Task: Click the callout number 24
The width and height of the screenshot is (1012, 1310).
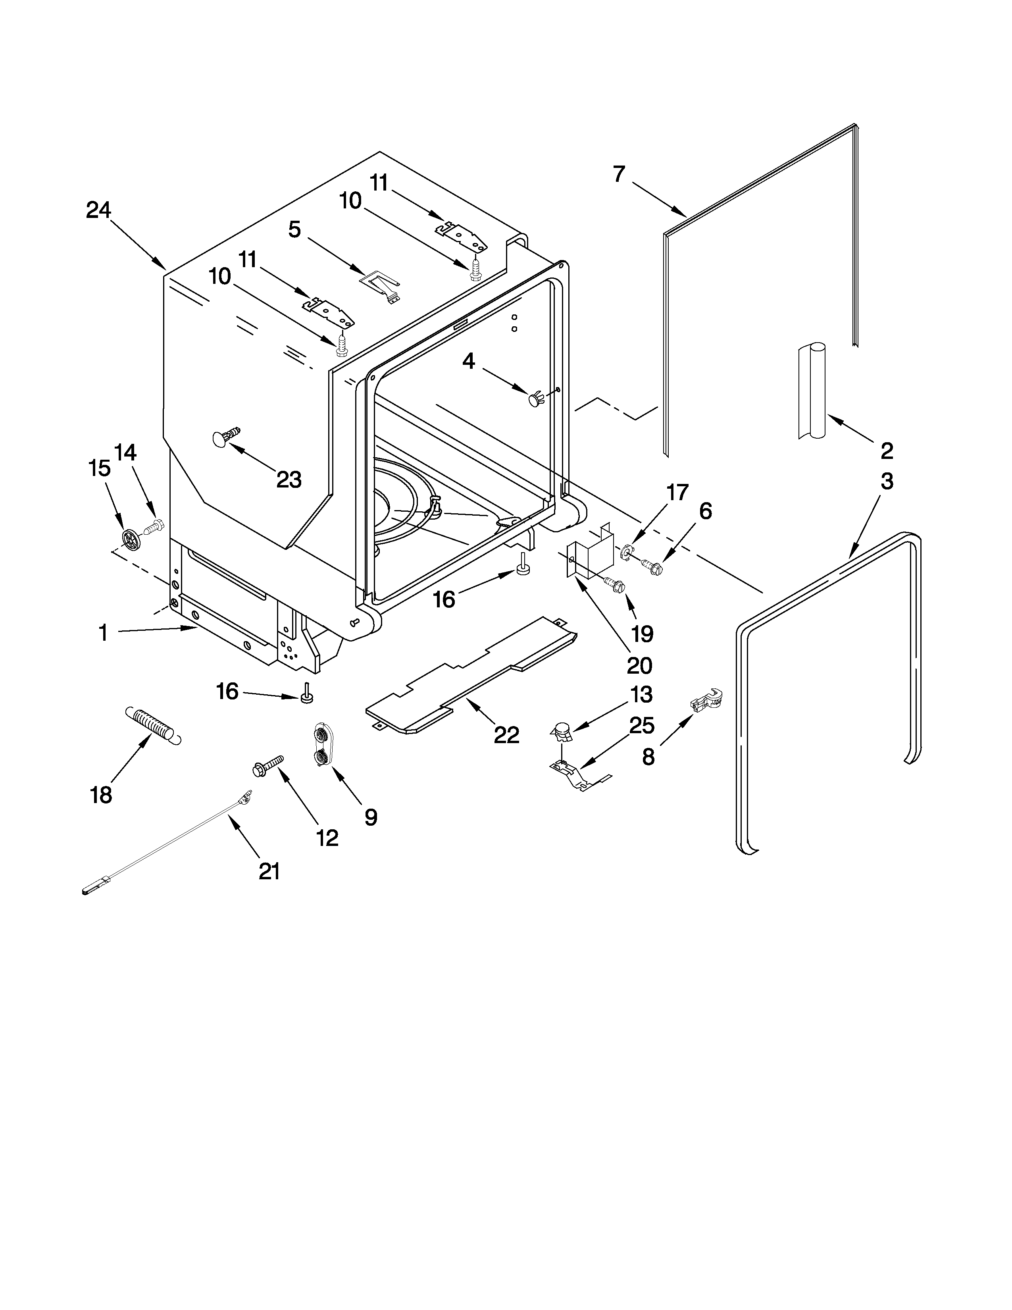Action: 98,210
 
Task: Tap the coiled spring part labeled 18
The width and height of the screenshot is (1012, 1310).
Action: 152,726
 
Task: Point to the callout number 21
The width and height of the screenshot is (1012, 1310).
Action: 269,871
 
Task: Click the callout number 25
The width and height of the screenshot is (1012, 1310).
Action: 641,725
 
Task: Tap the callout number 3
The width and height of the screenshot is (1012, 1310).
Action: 887,481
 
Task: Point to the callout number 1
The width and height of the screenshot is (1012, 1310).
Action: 103,632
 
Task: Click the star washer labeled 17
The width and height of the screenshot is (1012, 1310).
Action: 627,549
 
